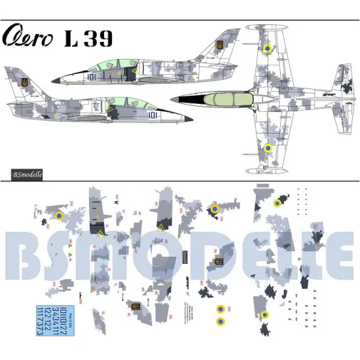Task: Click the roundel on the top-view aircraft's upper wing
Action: (x=267, y=48)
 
